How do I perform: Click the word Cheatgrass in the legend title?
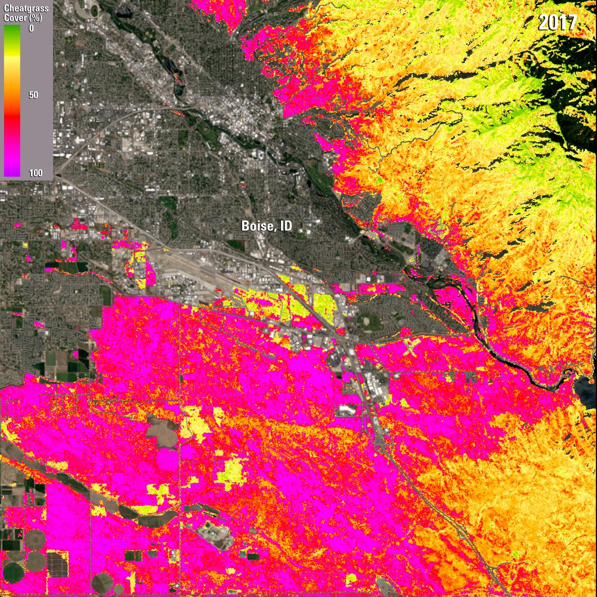point(26,8)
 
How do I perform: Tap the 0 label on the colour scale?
point(31,29)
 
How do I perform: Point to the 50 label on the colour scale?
point(33,95)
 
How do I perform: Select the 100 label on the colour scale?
point(35,173)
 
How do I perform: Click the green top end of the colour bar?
point(12,29)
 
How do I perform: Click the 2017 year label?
point(557,22)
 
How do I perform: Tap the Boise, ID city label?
point(267,226)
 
